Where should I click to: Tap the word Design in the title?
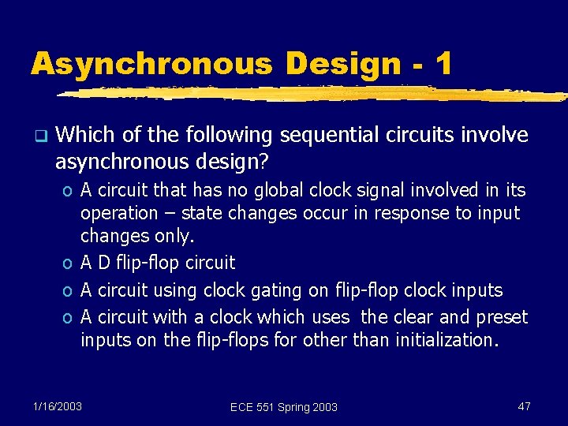pyautogui.click(x=344, y=63)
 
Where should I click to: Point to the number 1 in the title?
pyautogui.click(x=443, y=63)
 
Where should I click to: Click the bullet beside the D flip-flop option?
pyautogui.click(x=69, y=263)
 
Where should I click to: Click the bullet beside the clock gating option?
pyautogui.click(x=69, y=290)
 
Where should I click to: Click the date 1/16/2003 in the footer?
pyautogui.click(x=57, y=405)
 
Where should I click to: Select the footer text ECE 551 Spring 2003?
pyautogui.click(x=283, y=406)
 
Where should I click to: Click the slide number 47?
pyautogui.click(x=524, y=405)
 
